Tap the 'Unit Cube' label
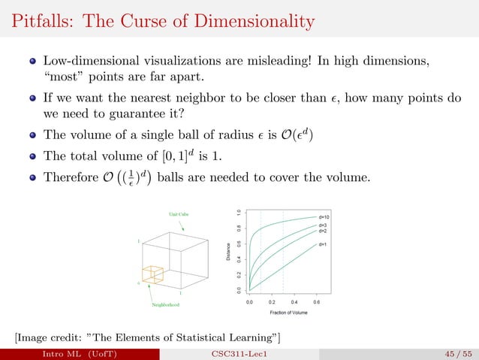[x=178, y=215]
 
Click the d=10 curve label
[x=326, y=216]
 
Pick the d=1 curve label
[x=324, y=245]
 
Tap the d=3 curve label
[x=324, y=225]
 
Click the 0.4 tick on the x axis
[x=294, y=301]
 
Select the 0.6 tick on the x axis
[x=316, y=301]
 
